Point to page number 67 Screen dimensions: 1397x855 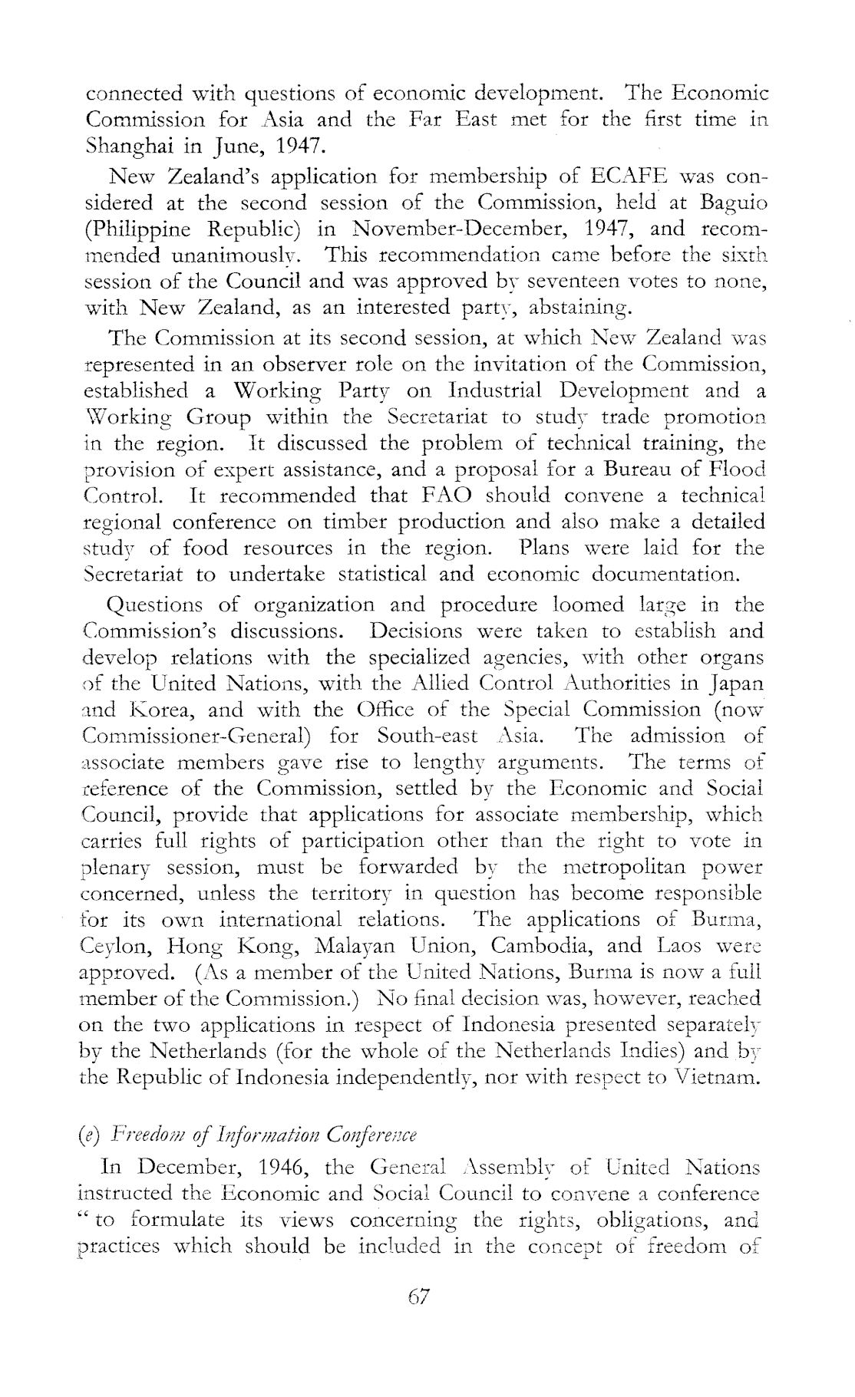420,1297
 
